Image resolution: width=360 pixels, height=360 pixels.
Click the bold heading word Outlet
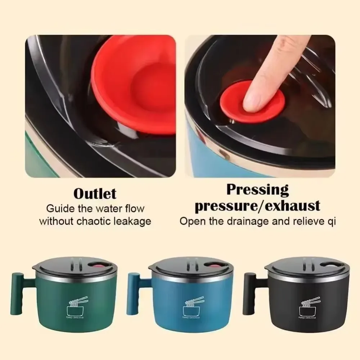click(95, 194)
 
